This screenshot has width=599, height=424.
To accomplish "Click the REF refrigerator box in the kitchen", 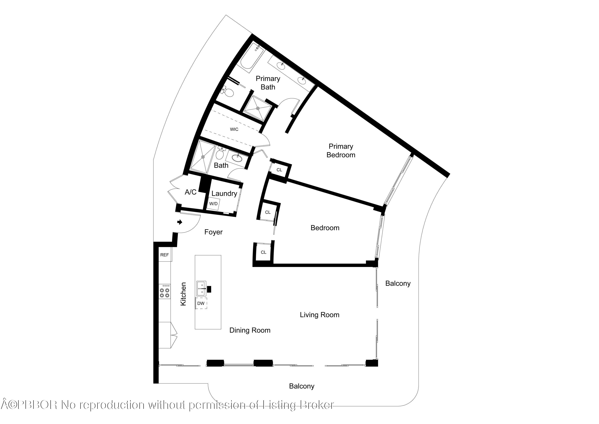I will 164,255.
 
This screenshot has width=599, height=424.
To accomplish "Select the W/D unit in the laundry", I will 213,204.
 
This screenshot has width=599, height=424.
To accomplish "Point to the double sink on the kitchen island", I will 201,289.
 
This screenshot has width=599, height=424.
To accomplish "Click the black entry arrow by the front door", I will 180,222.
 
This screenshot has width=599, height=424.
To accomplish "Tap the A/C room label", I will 191,192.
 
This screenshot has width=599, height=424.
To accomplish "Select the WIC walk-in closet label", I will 234,129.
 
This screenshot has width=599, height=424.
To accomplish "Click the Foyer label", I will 213,232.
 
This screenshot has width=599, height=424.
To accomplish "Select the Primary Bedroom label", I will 341,151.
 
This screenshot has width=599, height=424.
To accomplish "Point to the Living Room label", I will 319,315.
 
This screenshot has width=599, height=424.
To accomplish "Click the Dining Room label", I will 250,330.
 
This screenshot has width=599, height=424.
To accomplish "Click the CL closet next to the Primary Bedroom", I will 279,170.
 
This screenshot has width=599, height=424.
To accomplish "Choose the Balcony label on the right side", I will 398,283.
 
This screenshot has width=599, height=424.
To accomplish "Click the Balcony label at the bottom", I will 302,386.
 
